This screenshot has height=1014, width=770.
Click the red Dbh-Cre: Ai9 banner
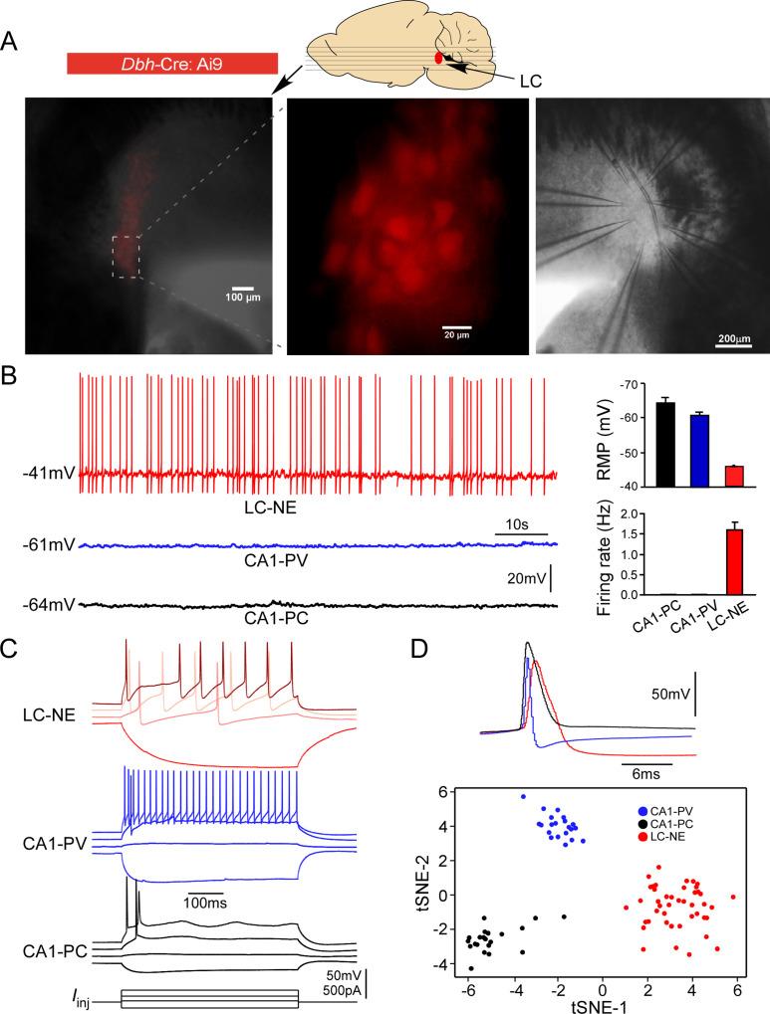(170, 63)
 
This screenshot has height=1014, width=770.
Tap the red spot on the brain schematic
(438, 58)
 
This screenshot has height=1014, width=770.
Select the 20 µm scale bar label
(456, 336)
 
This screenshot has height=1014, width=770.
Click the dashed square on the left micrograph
(126, 257)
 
